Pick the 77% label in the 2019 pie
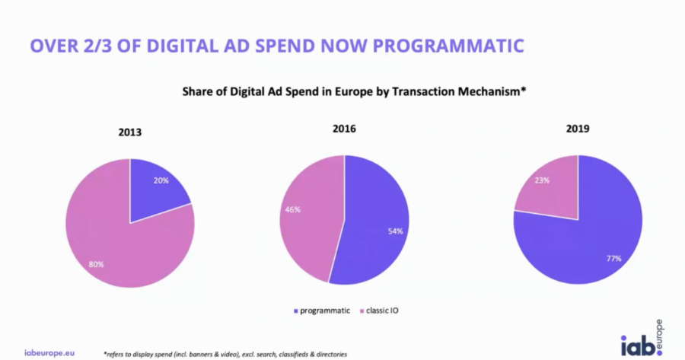click(613, 259)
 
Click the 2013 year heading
click(130, 132)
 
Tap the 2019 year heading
click(576, 129)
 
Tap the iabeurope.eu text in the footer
click(49, 353)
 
